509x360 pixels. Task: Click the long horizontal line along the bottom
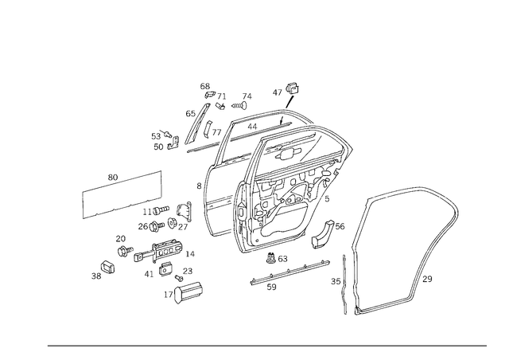click(266, 346)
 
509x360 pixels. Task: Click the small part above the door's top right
click(287, 96)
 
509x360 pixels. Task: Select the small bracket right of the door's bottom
click(325, 235)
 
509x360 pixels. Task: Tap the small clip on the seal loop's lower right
click(429, 279)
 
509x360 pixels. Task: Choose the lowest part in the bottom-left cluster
click(185, 295)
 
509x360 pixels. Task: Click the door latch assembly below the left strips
click(163, 253)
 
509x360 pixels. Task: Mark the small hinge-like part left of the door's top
click(163, 143)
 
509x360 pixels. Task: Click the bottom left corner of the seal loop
click(350, 311)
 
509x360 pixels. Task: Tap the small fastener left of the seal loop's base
click(338, 280)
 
